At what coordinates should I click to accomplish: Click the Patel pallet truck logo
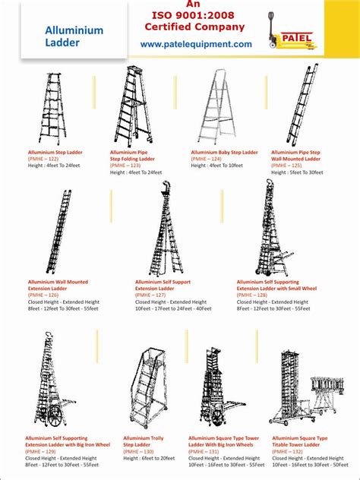pos(292,32)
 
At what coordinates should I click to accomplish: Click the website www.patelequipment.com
pos(196,45)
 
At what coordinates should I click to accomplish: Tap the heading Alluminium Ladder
pos(73,36)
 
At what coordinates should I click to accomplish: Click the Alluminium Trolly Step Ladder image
pos(144,389)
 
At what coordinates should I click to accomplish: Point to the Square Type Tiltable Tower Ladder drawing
pos(308,386)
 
